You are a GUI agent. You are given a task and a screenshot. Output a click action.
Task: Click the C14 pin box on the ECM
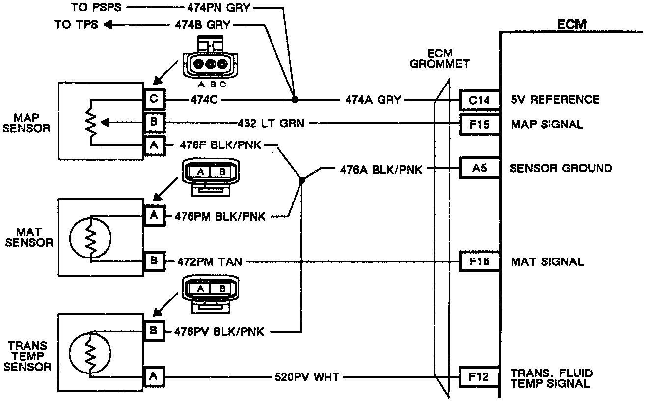pyautogui.click(x=479, y=100)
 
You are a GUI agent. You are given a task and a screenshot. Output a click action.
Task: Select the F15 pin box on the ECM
pyautogui.click(x=479, y=123)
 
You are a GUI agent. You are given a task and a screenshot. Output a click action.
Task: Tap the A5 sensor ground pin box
pyautogui.click(x=479, y=168)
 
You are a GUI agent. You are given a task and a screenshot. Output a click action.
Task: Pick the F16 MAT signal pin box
pyautogui.click(x=479, y=261)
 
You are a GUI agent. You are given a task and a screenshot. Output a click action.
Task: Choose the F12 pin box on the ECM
pyautogui.click(x=479, y=377)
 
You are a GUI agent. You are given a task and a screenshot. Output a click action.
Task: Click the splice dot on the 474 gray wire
pyautogui.click(x=294, y=100)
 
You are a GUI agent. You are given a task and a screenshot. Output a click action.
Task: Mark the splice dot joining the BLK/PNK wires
pyautogui.click(x=302, y=180)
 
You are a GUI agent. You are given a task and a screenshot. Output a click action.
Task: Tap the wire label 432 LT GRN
pyautogui.click(x=271, y=123)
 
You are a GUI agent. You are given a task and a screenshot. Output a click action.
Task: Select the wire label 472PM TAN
pyautogui.click(x=208, y=262)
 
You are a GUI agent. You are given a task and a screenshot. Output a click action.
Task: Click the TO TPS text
pyautogui.click(x=76, y=24)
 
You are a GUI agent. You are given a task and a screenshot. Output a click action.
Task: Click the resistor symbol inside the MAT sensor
pyautogui.click(x=91, y=238)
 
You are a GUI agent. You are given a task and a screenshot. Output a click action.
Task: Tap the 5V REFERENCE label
pyautogui.click(x=555, y=100)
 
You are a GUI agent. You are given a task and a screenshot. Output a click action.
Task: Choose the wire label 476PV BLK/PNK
pyautogui.click(x=219, y=332)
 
